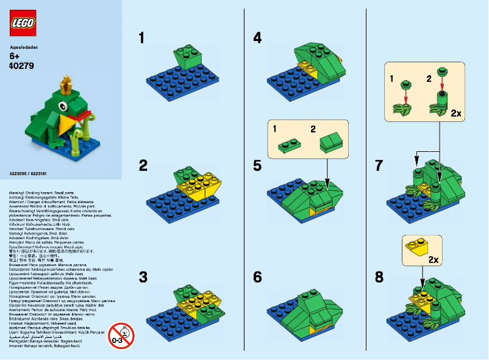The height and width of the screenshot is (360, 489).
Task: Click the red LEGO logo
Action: [x=23, y=23]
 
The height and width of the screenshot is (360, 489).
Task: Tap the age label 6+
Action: [x=16, y=56]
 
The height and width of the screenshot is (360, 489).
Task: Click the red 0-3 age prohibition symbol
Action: [x=121, y=335]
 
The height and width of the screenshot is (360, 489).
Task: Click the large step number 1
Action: [x=142, y=38]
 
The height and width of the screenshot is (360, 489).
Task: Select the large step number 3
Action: [x=143, y=277]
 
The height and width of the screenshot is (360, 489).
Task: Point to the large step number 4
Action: [x=257, y=38]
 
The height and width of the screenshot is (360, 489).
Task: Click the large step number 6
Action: [x=257, y=277]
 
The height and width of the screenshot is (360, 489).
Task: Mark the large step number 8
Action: [x=379, y=277]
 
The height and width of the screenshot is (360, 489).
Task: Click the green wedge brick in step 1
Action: [x=185, y=59]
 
